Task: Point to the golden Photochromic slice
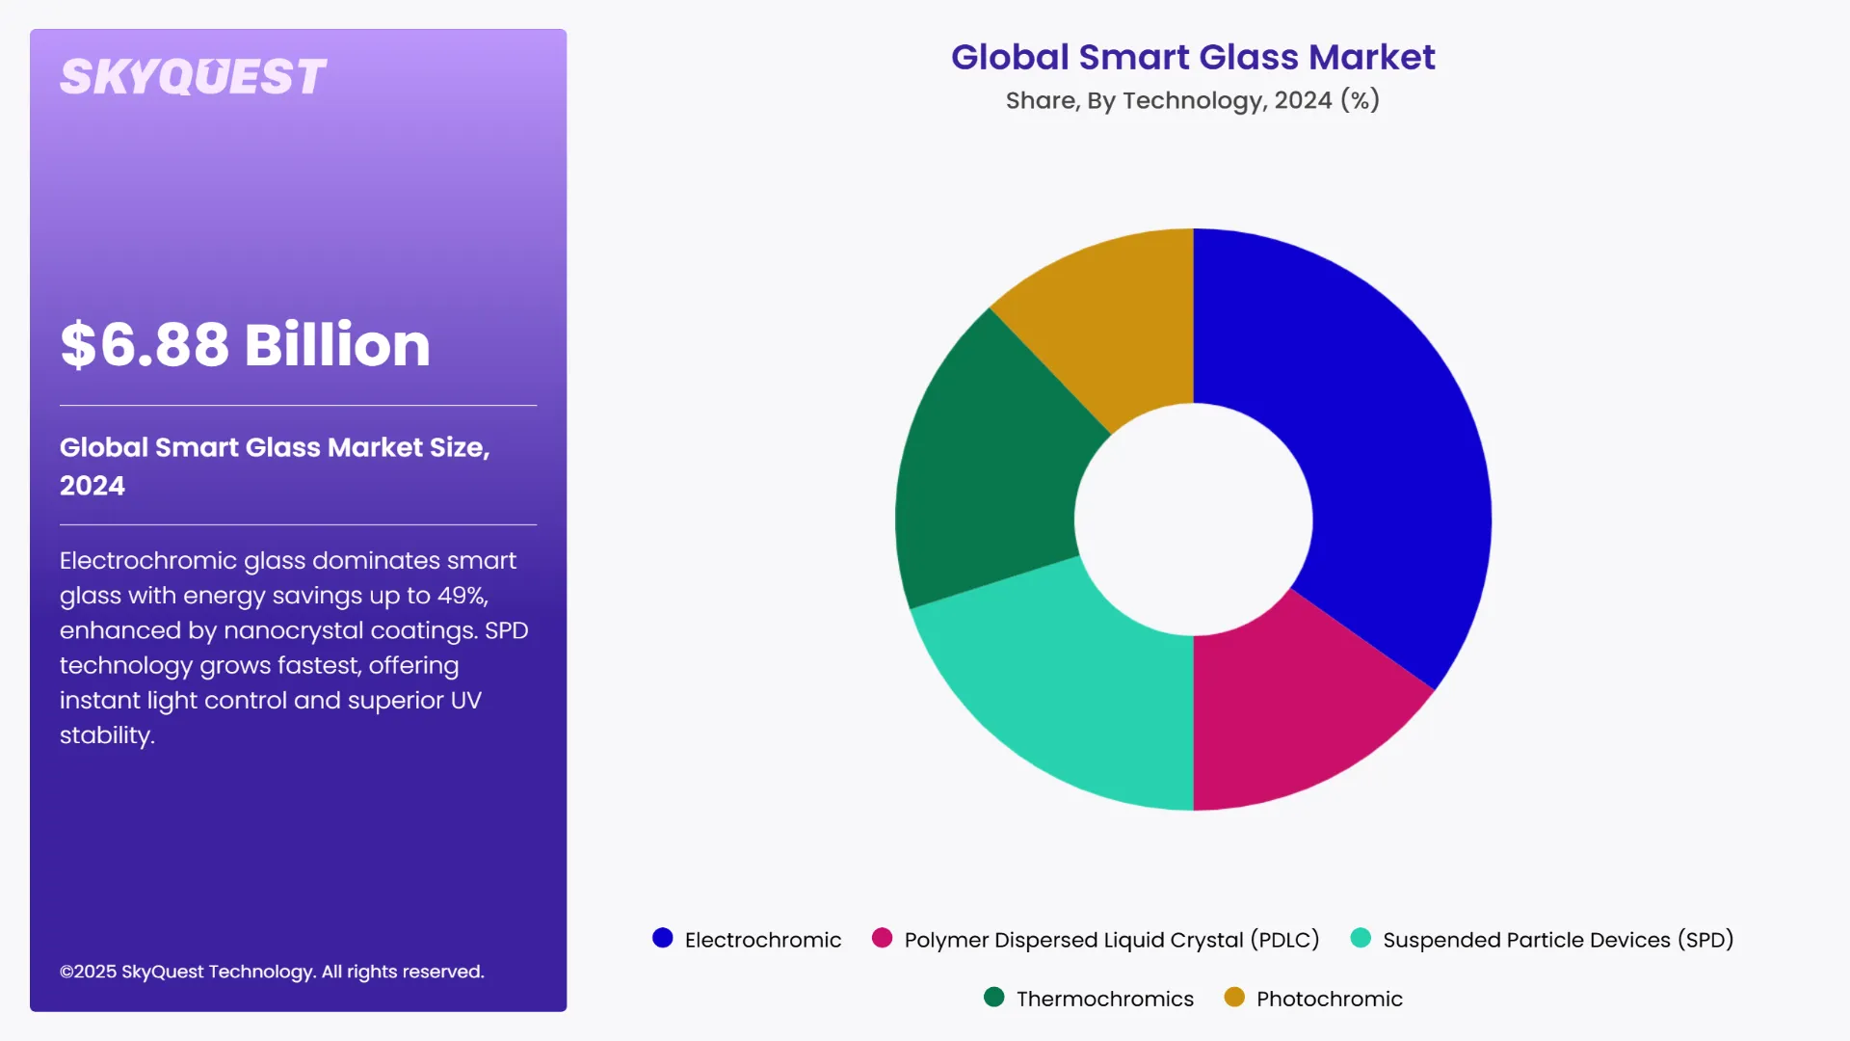tap(1118, 318)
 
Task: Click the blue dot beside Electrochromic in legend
tap(662, 938)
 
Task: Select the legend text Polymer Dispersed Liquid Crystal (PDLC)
tap(1111, 940)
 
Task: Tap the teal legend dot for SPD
tap(1361, 938)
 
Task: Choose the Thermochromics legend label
tap(1104, 999)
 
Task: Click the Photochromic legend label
tap(1329, 999)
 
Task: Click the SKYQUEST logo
tap(194, 77)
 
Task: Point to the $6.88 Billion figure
tap(245, 344)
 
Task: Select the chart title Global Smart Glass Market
tap(1193, 57)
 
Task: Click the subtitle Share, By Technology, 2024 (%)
tap(1193, 100)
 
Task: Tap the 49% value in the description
tap(462, 596)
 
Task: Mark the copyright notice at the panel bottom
tap(272, 972)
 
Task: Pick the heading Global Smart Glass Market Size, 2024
tap(275, 466)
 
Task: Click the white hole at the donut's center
tap(1193, 520)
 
